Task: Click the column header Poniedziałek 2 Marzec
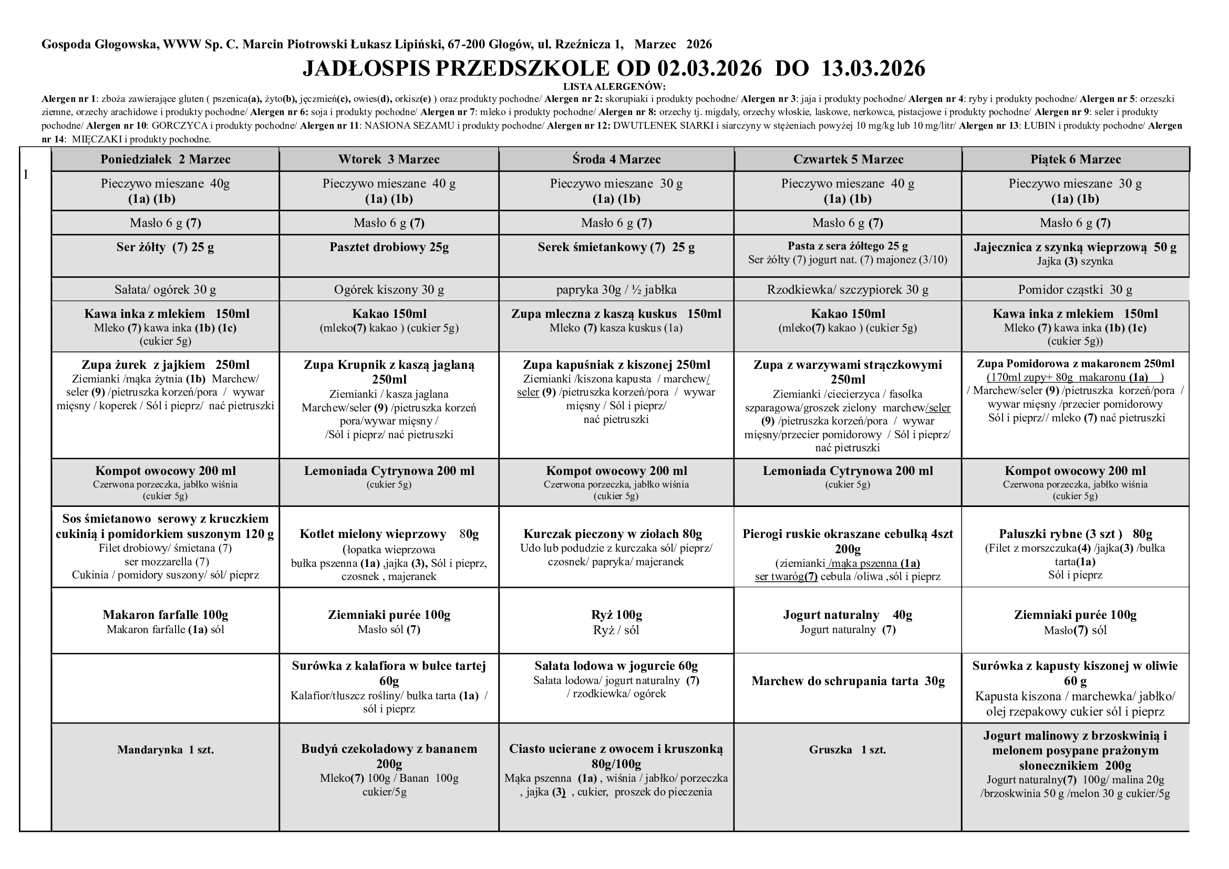(x=166, y=160)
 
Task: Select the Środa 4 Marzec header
(x=616, y=160)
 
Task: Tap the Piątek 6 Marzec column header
(x=1076, y=160)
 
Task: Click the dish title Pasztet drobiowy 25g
(x=389, y=247)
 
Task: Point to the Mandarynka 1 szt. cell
(x=166, y=750)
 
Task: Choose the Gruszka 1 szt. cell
(x=848, y=750)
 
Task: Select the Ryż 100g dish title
(x=616, y=615)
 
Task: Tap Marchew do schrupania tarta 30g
(x=848, y=681)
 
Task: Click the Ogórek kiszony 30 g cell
(x=389, y=289)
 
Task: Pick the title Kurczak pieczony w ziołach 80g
(x=616, y=534)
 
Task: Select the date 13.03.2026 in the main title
(x=873, y=68)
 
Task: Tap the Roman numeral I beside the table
(x=26, y=175)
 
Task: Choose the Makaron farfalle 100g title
(x=166, y=615)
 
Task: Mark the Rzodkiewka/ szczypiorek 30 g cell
(x=848, y=289)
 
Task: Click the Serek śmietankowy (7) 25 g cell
(x=616, y=247)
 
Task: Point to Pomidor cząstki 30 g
(x=1076, y=289)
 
